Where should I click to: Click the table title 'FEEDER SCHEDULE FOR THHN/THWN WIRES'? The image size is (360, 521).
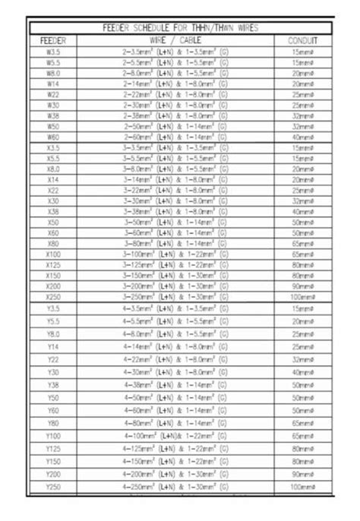(180, 28)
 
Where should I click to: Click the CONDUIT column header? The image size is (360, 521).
(302, 39)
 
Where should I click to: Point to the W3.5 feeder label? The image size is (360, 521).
(54, 51)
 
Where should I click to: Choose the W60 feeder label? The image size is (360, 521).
(54, 137)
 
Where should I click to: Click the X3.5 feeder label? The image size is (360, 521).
(54, 148)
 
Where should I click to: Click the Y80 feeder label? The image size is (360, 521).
(54, 423)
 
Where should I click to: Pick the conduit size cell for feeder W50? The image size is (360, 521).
(302, 127)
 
